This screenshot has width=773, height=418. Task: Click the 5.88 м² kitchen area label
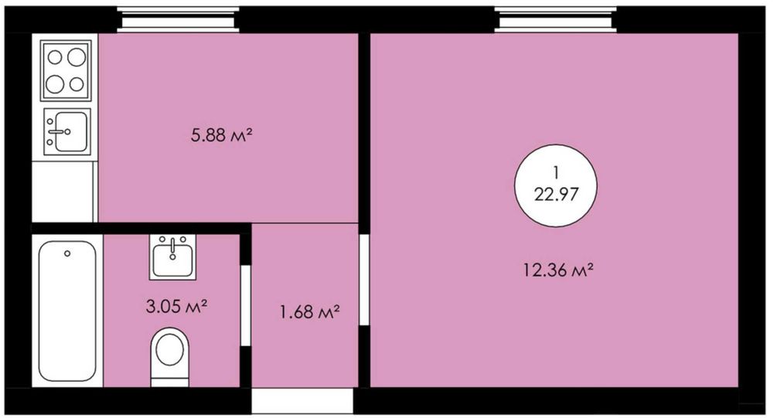[221, 134]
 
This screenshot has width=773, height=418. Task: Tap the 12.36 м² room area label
[557, 270]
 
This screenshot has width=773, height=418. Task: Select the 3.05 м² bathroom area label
[176, 307]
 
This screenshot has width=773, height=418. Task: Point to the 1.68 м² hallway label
[310, 311]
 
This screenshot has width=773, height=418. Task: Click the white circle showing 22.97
[556, 185]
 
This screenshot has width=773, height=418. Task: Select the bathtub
[67, 311]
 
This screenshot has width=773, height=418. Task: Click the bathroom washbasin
[172, 257]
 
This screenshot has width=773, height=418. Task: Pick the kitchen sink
[67, 131]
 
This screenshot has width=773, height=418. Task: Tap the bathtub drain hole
[67, 253]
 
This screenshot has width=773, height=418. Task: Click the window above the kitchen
[179, 20]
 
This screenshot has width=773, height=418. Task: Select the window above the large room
[556, 20]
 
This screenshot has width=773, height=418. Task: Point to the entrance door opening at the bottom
[303, 401]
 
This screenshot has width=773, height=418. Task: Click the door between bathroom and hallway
[246, 306]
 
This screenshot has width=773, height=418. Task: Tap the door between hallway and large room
[364, 280]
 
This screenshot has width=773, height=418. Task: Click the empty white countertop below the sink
[63, 192]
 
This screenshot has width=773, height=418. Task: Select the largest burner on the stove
[77, 57]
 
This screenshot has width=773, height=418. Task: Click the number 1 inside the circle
[556, 173]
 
